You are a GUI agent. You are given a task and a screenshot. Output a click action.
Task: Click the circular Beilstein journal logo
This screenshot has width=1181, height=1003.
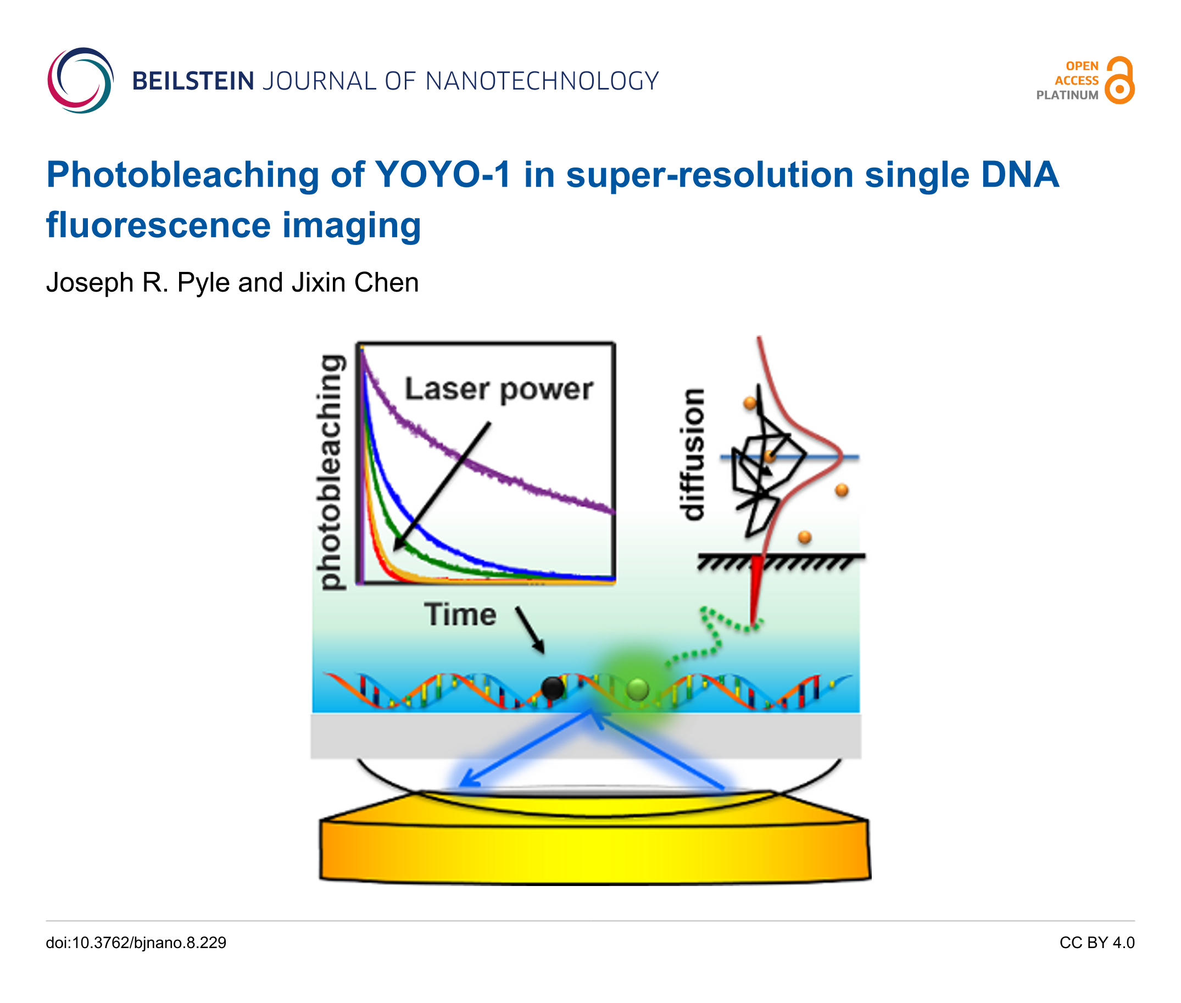(x=80, y=80)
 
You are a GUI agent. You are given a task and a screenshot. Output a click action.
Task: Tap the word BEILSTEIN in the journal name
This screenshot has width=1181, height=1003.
(x=193, y=81)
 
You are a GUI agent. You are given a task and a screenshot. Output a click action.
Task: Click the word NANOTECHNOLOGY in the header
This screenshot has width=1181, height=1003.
(x=542, y=81)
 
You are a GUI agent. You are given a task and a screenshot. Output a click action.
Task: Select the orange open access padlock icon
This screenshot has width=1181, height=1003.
(x=1119, y=80)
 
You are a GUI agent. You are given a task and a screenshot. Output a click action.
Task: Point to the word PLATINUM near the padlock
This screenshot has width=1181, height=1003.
(x=1067, y=96)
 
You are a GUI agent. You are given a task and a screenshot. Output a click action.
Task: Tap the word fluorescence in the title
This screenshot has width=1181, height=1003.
(x=159, y=225)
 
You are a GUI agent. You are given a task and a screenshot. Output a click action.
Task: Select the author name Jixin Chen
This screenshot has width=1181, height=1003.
(x=355, y=282)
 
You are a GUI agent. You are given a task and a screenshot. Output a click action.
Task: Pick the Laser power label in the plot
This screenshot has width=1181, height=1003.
(x=499, y=390)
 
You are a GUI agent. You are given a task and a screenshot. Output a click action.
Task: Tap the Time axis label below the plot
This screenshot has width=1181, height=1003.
(x=460, y=615)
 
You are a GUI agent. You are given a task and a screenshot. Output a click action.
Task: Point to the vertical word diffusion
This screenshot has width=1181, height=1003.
(x=693, y=454)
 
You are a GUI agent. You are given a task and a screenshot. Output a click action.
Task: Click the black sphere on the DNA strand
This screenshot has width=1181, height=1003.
(x=553, y=688)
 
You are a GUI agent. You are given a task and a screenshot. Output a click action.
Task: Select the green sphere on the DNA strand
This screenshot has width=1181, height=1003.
(x=637, y=689)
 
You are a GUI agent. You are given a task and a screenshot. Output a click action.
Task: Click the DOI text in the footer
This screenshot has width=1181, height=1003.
(x=136, y=943)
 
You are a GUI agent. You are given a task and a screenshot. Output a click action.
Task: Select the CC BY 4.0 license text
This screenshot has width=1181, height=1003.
(x=1097, y=943)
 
